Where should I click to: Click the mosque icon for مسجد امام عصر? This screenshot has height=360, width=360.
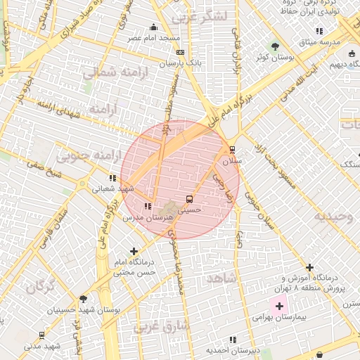[154, 27]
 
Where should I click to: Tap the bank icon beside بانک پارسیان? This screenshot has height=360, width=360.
[181, 52]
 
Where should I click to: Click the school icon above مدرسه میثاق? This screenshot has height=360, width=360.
[319, 31]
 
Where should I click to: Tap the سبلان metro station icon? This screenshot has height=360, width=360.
[232, 150]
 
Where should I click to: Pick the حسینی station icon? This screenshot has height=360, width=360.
[188, 199]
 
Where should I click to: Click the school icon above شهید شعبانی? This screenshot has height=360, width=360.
[112, 178]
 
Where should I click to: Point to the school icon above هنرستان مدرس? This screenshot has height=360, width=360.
[147, 206]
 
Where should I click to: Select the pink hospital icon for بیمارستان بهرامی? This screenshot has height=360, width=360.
[279, 306]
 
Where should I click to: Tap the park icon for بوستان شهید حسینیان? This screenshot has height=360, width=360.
[84, 299]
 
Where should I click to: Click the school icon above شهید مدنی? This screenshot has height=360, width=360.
[41, 336]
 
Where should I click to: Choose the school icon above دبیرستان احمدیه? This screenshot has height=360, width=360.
[233, 340]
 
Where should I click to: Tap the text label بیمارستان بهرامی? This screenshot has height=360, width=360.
[280, 318]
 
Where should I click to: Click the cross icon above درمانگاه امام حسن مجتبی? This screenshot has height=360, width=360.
[134, 251]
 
